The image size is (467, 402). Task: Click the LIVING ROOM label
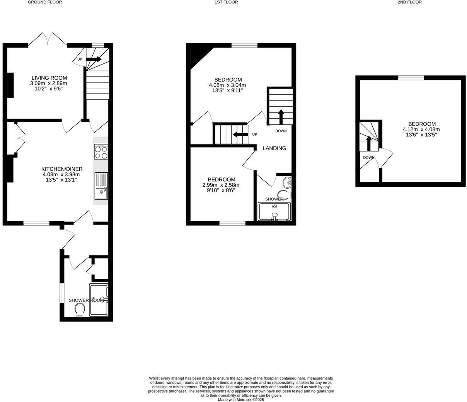click(49, 78)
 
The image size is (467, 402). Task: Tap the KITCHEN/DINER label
click(62, 169)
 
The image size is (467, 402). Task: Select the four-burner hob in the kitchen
click(101, 152)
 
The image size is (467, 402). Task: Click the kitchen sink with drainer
click(101, 186)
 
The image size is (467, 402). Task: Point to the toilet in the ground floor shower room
click(80, 310)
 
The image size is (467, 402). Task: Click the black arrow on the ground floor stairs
click(94, 60)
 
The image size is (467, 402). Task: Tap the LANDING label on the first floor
click(274, 148)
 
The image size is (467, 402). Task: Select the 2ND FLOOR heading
click(409, 2)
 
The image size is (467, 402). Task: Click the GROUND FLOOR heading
click(45, 2)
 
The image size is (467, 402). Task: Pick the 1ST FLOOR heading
click(226, 2)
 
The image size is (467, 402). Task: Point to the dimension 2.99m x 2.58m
click(221, 185)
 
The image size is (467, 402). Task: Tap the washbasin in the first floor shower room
click(287, 182)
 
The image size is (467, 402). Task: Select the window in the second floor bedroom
click(411, 78)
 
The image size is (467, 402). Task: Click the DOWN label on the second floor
click(368, 157)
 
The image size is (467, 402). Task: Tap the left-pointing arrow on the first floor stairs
click(240, 135)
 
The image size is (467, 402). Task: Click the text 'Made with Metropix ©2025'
click(241, 400)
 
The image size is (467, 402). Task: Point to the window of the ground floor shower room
click(61, 293)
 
